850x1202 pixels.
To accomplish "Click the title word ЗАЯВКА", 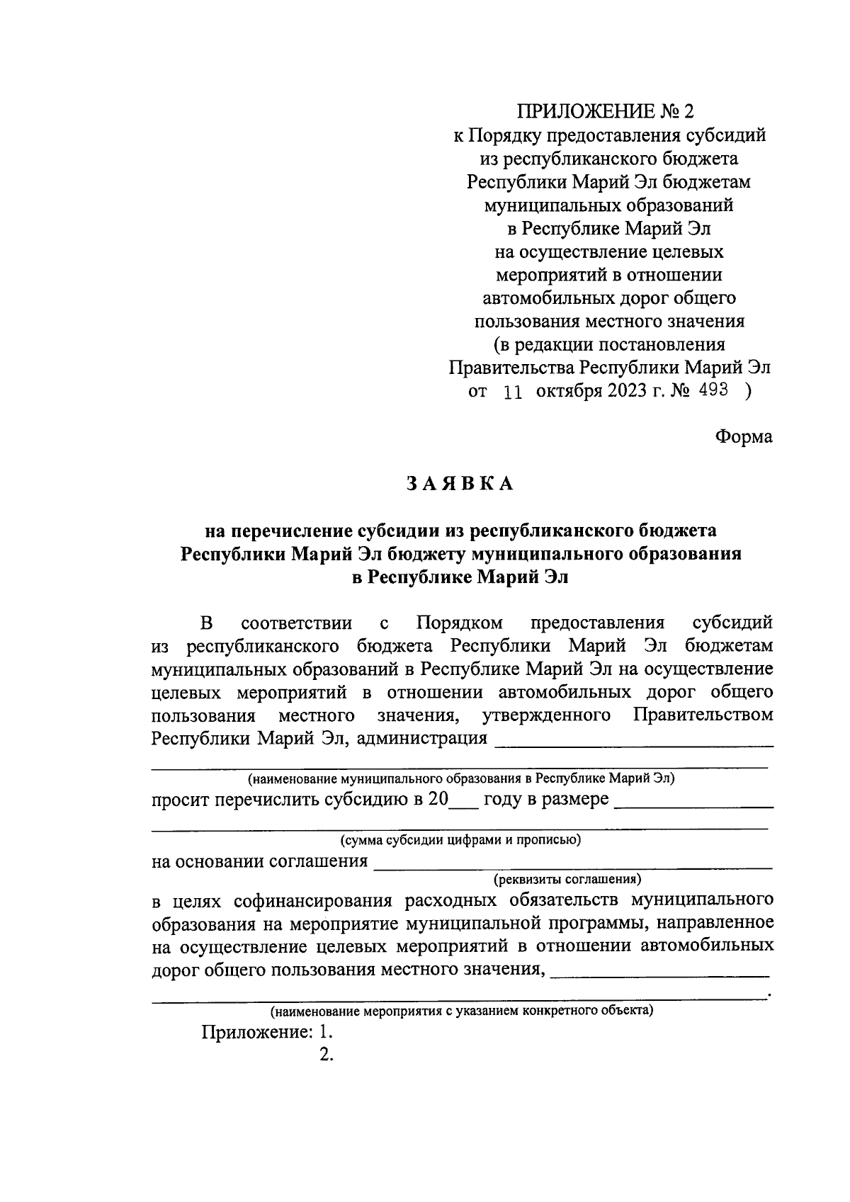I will coord(460,484).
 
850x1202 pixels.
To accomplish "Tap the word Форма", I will coord(743,437).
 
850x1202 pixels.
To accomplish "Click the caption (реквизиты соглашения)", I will coord(567,879).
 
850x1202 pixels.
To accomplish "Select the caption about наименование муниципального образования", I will coord(460,778).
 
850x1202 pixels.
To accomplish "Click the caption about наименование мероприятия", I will coord(461,1010).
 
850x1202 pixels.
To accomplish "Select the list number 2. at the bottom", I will coord(327,1055).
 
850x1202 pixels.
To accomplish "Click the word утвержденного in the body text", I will coord(546,715).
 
